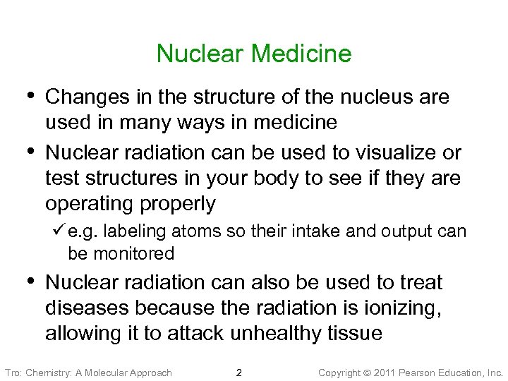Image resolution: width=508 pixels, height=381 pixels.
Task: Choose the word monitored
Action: tap(132, 253)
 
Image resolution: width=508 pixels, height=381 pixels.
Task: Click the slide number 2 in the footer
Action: tap(238, 372)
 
